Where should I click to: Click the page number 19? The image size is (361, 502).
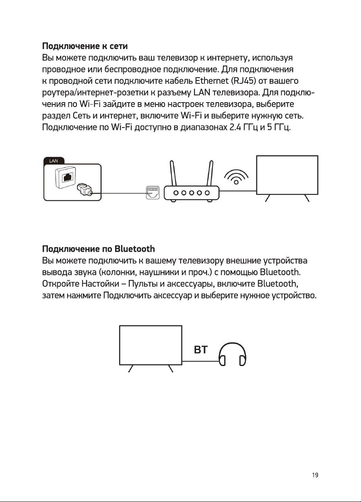coord(315,475)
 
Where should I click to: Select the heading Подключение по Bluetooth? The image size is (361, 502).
coord(99,248)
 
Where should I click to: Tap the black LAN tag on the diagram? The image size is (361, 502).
coord(54,161)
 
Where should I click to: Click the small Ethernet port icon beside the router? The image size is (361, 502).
coord(153,193)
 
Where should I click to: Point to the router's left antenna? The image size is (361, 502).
coord(173,173)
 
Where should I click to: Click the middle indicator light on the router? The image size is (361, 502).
coord(190,193)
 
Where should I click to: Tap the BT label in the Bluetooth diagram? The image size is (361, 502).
coord(200,350)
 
